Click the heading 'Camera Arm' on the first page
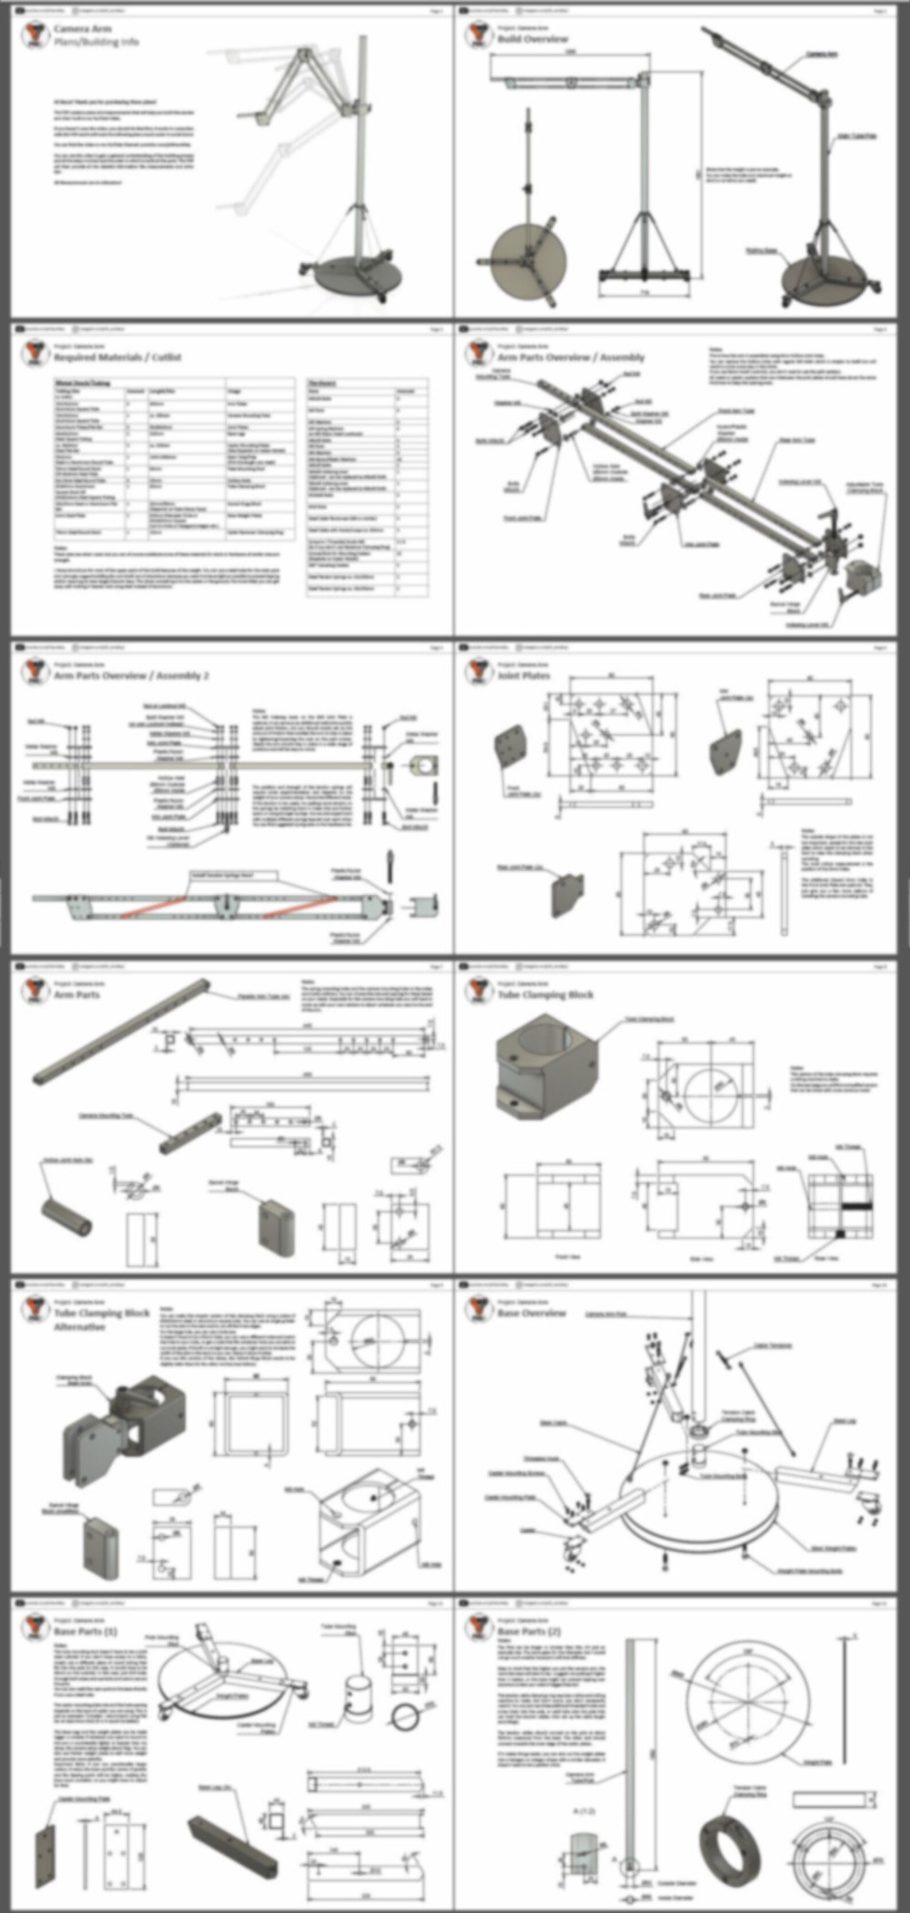(x=81, y=29)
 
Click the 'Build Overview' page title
(x=532, y=38)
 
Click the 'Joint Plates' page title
(x=523, y=676)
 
